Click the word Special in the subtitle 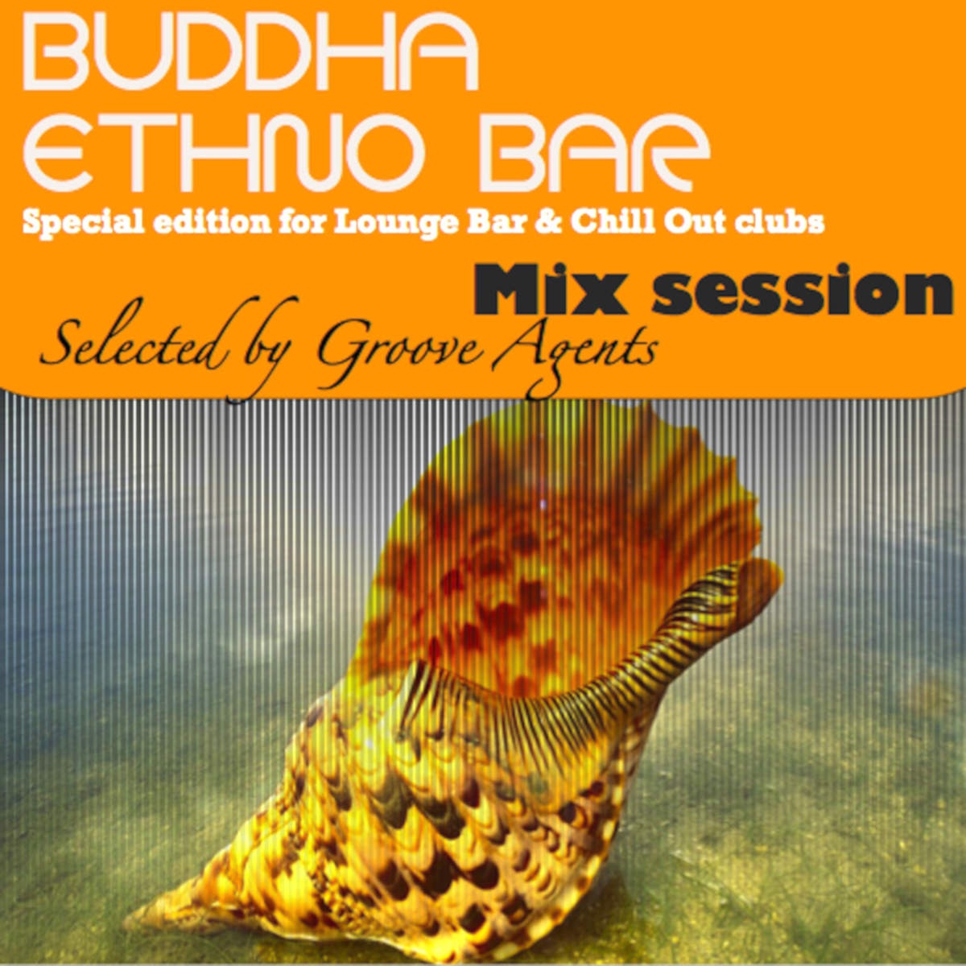tap(83, 223)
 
